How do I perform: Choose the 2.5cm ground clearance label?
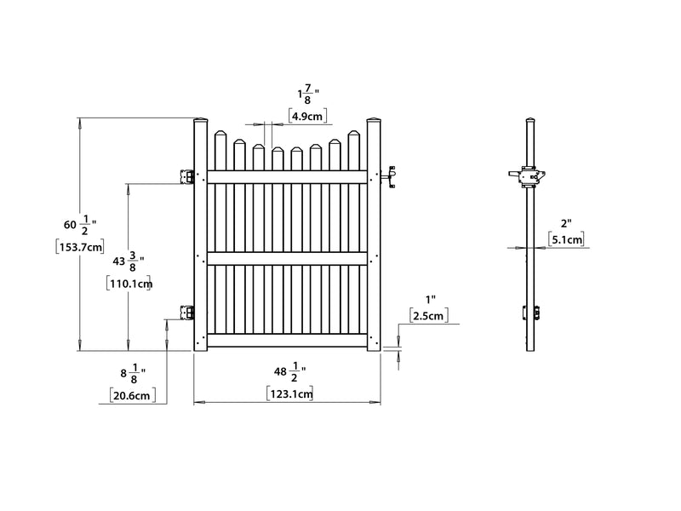pyautogui.click(x=428, y=317)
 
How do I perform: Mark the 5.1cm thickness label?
pyautogui.click(x=567, y=240)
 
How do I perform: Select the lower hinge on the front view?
pyautogui.click(x=186, y=313)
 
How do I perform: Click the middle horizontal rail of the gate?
pyautogui.click(x=288, y=257)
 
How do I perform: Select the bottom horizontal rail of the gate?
pyautogui.click(x=288, y=340)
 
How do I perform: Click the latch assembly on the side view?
pyautogui.click(x=528, y=176)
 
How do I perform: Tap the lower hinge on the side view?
pyautogui.click(x=536, y=312)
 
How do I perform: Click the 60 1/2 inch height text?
pyautogui.click(x=79, y=225)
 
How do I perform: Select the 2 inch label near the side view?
pyautogui.click(x=565, y=222)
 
